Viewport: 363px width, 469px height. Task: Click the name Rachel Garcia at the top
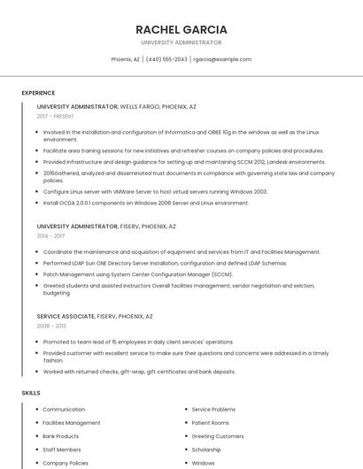181,29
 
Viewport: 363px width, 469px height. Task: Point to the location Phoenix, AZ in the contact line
125,59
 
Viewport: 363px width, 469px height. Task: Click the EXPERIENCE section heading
38,93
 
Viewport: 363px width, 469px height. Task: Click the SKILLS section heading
31,392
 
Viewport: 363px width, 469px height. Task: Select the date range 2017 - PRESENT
56,116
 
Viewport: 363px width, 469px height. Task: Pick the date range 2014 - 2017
50,236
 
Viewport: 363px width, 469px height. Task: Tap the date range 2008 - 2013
50,327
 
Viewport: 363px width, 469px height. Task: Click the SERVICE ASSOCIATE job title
66,316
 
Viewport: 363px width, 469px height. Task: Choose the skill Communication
64,410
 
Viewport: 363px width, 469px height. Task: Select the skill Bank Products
60,436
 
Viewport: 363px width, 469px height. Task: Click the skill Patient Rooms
210,423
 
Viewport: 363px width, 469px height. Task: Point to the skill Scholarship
206,450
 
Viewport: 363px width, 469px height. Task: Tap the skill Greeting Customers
217,436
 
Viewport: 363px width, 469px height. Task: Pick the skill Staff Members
61,450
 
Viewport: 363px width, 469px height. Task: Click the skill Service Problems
213,410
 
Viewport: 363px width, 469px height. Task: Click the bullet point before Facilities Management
35,423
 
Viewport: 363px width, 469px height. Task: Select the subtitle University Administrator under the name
181,42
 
